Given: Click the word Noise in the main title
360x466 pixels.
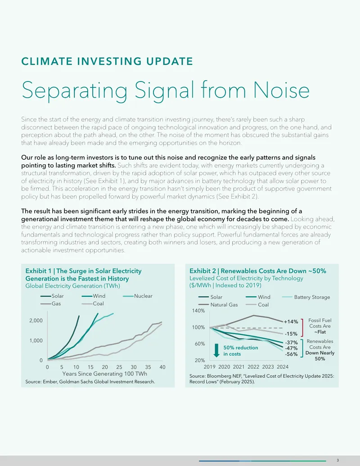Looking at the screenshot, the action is pos(281,90).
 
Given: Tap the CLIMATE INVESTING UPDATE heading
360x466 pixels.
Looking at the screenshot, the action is pos(107,61).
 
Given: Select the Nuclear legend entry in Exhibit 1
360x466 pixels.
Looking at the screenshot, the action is pos(138,296).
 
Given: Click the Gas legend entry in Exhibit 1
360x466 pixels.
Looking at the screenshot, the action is pos(50,303).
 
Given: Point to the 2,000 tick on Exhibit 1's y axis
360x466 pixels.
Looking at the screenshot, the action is pos(36,321).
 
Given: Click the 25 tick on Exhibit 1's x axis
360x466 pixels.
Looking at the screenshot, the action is pos(119,367).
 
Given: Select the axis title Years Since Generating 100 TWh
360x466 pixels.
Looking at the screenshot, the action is pos(104,374).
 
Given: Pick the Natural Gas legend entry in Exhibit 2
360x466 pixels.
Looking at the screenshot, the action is pos(218,305).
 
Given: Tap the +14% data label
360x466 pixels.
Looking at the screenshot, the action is pos(291,321).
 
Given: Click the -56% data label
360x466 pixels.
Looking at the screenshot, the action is pos(292,354).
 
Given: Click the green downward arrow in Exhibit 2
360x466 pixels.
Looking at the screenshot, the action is pos(216,350).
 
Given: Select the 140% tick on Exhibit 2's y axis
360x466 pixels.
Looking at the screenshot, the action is pos(198,311).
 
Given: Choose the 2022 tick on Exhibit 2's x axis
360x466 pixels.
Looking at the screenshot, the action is pos(253,367).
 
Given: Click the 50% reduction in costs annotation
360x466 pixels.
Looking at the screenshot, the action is pos(241,351).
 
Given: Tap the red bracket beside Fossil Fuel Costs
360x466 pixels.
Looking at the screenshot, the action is pos(302,328).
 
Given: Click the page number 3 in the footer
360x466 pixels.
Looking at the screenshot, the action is pos(337,460).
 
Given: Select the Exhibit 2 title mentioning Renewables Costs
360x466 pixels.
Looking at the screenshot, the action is pos(258,271).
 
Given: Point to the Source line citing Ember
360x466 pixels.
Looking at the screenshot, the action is pos(90,382).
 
